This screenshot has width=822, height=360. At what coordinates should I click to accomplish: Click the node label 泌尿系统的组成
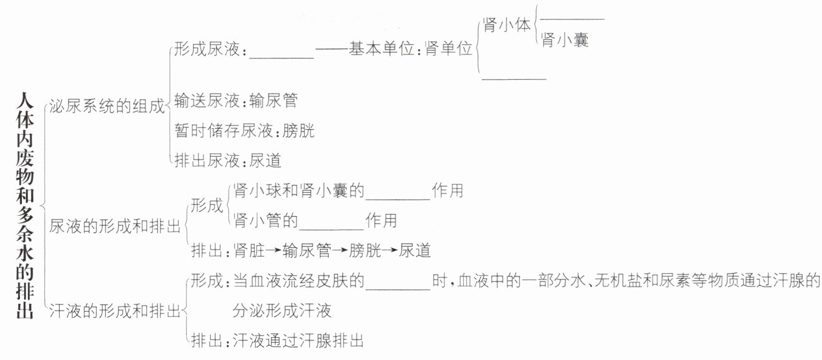[x=107, y=106]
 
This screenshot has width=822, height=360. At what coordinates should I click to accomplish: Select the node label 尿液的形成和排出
[x=115, y=226]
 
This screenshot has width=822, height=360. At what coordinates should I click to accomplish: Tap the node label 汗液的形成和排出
[x=115, y=311]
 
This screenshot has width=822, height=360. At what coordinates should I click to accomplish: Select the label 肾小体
[x=507, y=25]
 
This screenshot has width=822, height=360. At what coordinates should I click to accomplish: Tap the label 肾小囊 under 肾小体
[x=564, y=40]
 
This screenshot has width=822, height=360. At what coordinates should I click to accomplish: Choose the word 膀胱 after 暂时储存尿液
[x=298, y=131]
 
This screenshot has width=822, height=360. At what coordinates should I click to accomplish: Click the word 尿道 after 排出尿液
[x=265, y=160]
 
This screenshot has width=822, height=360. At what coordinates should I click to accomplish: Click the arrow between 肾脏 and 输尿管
[x=274, y=251]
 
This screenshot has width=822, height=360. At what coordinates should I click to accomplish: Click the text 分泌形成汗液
[x=282, y=311]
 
